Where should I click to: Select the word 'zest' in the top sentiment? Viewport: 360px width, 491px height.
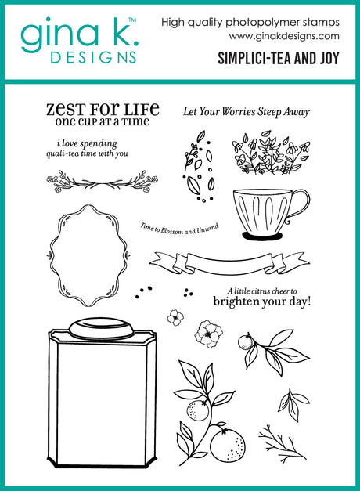tap(66, 110)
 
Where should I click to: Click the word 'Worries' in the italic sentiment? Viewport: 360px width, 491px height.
tap(239, 112)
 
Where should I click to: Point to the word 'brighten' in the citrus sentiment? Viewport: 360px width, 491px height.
tap(236, 301)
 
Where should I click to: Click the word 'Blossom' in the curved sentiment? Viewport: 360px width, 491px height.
tap(172, 231)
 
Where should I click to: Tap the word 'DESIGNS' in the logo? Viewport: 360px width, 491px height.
tap(93, 58)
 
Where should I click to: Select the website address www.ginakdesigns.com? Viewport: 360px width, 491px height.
tap(284, 36)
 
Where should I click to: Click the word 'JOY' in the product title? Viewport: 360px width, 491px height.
tap(329, 58)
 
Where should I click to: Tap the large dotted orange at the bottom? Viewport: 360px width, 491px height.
tap(228, 445)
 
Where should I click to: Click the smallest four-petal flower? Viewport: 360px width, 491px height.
tap(175, 317)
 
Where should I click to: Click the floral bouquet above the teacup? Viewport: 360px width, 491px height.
tap(271, 153)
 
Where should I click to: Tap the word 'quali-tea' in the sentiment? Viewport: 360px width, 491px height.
tap(63, 154)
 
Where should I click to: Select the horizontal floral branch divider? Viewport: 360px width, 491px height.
tap(102, 182)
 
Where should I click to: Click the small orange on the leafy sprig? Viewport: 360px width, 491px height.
tap(246, 342)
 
